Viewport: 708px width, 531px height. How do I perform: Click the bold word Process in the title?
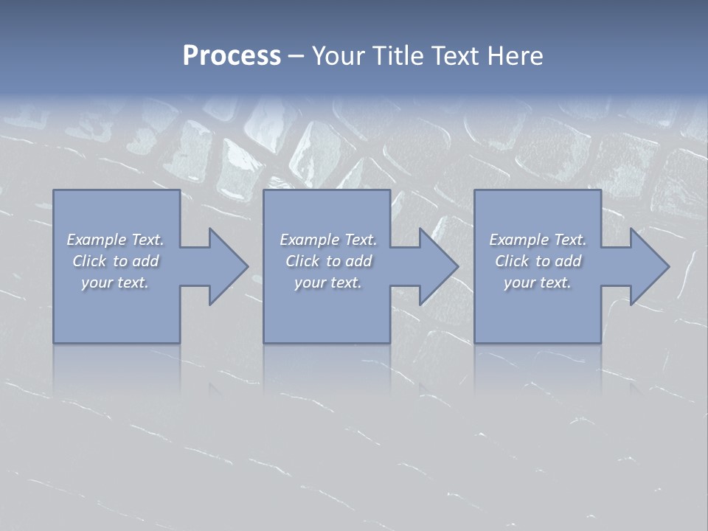click(232, 56)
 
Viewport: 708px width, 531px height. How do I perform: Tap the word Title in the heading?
click(396, 56)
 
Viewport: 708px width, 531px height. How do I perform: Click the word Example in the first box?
click(97, 240)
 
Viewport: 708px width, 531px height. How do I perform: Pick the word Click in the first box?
click(89, 261)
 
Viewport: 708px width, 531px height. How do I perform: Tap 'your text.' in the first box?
click(115, 282)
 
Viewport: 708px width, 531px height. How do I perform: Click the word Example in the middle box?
click(310, 240)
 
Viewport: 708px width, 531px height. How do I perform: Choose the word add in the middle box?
click(358, 261)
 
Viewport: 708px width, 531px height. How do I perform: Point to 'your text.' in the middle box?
click(328, 282)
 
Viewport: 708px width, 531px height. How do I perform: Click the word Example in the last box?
click(519, 240)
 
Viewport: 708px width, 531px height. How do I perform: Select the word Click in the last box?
click(512, 261)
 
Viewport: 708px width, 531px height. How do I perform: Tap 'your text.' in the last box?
click(538, 282)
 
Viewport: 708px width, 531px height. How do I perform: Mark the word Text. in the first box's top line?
click(147, 240)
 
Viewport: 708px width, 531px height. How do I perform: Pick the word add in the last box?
click(568, 261)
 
